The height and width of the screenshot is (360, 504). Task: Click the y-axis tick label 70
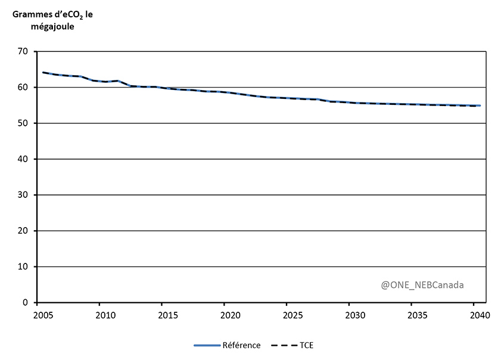click(23, 52)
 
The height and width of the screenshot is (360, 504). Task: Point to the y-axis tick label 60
click(23, 88)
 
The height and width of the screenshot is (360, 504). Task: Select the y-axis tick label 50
click(23, 123)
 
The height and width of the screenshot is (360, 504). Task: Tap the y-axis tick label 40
click(23, 159)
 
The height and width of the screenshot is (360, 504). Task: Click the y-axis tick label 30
click(23, 195)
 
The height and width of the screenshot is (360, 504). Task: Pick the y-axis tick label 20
click(23, 231)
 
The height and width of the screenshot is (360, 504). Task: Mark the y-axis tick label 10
click(23, 266)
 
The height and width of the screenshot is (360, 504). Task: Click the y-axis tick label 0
click(26, 303)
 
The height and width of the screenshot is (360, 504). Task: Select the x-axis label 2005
click(43, 315)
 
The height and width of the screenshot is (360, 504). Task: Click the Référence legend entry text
click(241, 346)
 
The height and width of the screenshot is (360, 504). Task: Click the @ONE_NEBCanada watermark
click(422, 285)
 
